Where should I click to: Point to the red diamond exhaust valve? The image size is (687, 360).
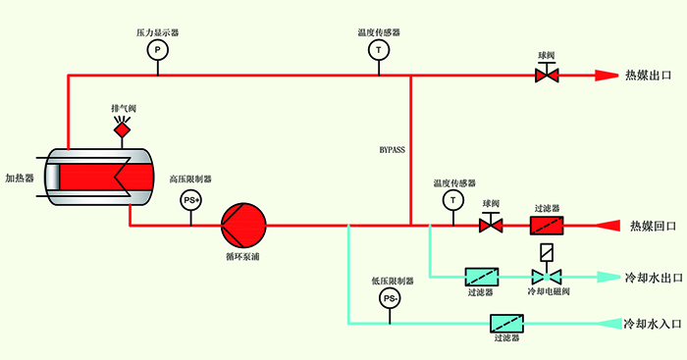point(122,129)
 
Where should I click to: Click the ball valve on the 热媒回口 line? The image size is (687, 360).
point(491,225)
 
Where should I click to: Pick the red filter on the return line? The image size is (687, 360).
point(547,226)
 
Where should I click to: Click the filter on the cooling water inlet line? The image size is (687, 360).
point(505,322)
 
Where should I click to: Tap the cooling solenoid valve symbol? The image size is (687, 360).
point(547,267)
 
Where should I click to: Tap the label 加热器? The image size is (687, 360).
point(20,179)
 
